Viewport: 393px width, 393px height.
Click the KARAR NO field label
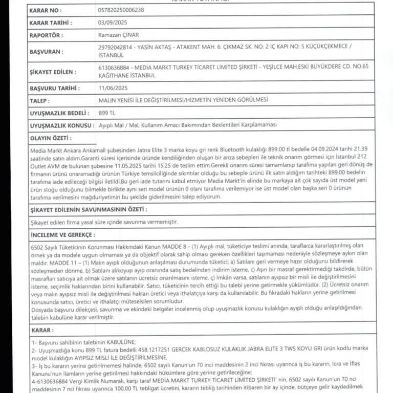46,10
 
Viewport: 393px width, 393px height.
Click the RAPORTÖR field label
47,35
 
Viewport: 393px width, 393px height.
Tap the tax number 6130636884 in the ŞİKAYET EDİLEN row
114,67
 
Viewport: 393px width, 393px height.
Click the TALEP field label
40,100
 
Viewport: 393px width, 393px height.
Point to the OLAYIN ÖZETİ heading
51,138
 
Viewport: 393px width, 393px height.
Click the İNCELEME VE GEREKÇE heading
63,234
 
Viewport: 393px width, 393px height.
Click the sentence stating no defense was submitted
104,222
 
